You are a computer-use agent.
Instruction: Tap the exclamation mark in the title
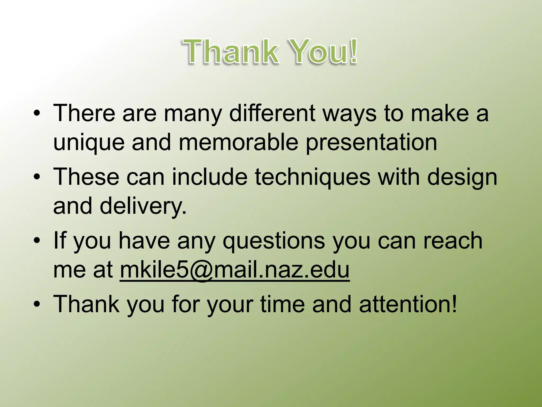pos(354,51)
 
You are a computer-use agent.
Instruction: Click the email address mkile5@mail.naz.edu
pos(234,270)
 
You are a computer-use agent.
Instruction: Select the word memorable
pos(238,143)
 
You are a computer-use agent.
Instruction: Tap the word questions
pos(274,241)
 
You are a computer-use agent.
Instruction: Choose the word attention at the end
pos(408,304)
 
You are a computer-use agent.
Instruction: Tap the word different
pos(272,113)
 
